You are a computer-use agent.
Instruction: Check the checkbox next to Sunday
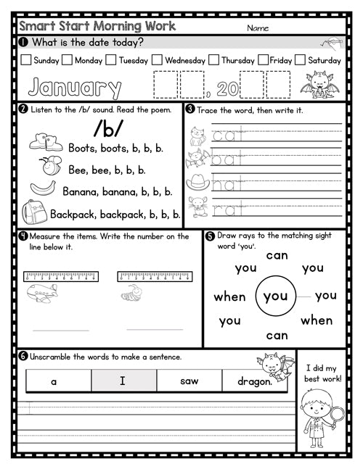(26, 61)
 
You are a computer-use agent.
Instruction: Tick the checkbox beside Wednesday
(158, 61)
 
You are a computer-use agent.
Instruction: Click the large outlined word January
(74, 88)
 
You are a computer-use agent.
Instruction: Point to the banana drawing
(44, 189)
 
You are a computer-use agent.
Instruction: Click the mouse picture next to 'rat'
(197, 207)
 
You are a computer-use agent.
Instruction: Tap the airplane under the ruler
(41, 294)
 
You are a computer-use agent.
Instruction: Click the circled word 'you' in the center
(276, 296)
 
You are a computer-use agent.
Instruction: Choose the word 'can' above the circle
(277, 255)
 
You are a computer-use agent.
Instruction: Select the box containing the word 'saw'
(189, 381)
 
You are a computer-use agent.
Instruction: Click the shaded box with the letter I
(123, 381)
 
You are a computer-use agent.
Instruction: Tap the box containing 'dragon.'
(255, 381)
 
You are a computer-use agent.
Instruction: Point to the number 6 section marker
(23, 357)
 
